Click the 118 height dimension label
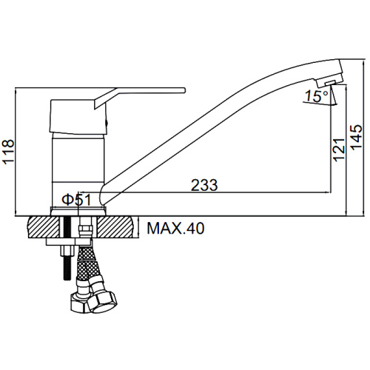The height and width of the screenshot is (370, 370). coord(8,151)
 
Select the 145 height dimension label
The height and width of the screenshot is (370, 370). coord(357,137)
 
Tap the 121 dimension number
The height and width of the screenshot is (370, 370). coord(339,150)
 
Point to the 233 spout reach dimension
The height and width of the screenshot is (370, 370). coord(204,185)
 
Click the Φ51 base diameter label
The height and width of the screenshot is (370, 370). coord(76,200)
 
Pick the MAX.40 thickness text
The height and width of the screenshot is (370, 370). coord(175,228)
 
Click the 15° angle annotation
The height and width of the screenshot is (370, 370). coord(317,96)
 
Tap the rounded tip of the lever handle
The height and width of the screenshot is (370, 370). coord(184,90)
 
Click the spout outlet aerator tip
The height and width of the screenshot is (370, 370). coord(330,83)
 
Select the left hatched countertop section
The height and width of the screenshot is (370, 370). coord(44,227)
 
